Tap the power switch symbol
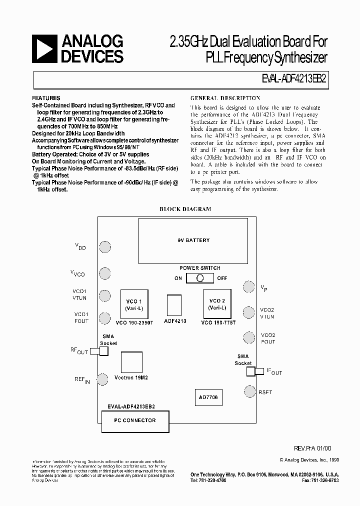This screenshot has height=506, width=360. click(200, 278)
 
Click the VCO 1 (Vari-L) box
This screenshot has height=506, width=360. click(134, 304)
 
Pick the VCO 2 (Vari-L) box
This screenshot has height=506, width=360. click(217, 304)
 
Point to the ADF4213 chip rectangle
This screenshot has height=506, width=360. click(174, 304)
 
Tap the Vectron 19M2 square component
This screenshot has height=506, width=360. click(131, 361)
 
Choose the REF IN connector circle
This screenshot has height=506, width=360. click(103, 379)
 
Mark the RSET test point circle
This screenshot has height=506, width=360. click(249, 391)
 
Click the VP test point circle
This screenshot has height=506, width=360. click(248, 286)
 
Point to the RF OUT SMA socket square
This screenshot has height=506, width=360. click(103, 351)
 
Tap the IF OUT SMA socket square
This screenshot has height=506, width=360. click(251, 371)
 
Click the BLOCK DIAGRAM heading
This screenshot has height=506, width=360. click(185, 209)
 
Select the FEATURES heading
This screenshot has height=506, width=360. click(46, 98)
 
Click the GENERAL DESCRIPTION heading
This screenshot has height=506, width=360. click(225, 98)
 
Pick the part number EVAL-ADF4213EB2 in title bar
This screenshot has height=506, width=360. click(295, 79)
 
